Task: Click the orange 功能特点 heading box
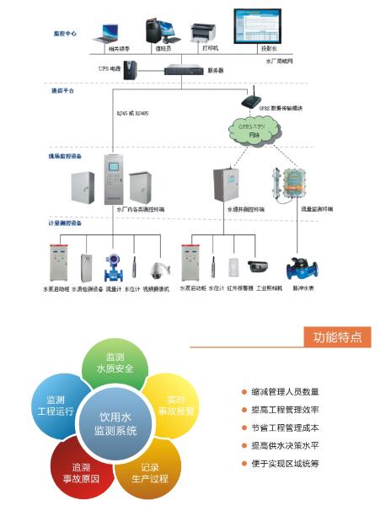point(337,337)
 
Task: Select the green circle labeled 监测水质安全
point(115,364)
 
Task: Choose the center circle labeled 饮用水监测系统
point(115,423)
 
